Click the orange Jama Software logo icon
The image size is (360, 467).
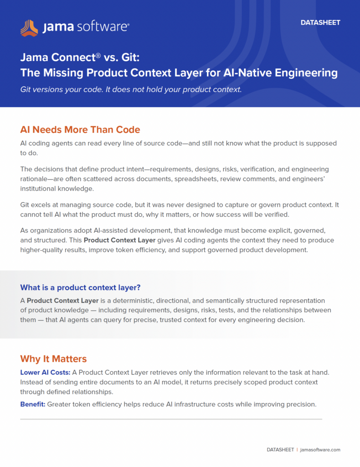pyautogui.click(x=29, y=28)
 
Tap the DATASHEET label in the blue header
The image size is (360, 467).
pyautogui.click(x=320, y=23)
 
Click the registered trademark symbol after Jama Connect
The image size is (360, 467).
pyautogui.click(x=98, y=55)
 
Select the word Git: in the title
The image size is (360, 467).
pyautogui.click(x=130, y=57)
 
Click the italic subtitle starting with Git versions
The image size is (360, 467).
pyautogui.click(x=131, y=90)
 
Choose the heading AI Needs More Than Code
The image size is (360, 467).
pyautogui.click(x=80, y=130)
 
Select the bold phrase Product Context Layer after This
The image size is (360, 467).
pyautogui.click(x=119, y=240)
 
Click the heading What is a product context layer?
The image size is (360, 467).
pyautogui.click(x=80, y=287)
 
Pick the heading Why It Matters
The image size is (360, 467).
pyautogui.click(x=54, y=358)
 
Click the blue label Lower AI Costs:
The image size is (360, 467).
pyautogui.click(x=45, y=372)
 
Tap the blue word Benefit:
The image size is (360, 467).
pyautogui.click(x=33, y=404)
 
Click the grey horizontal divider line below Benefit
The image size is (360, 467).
pyautogui.click(x=171, y=419)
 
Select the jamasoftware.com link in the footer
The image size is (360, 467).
pyautogui.click(x=320, y=450)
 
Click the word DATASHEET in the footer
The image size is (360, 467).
pyautogui.click(x=280, y=450)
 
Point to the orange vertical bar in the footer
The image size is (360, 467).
pyautogui.click(x=297, y=450)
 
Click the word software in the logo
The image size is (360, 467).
pyautogui.click(x=103, y=27)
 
